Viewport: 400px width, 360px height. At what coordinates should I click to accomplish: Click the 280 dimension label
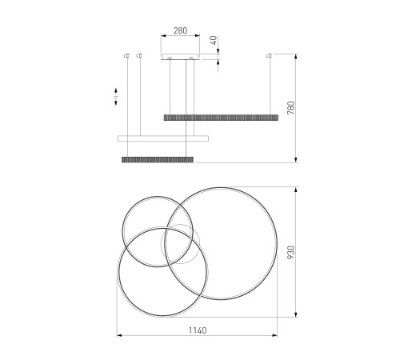(180, 30)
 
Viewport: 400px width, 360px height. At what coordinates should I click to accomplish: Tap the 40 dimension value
(214, 40)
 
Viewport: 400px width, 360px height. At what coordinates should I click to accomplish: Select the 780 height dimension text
(291, 108)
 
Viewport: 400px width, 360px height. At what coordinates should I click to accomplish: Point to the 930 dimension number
(291, 252)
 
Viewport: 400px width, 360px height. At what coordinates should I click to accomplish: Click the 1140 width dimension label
(198, 330)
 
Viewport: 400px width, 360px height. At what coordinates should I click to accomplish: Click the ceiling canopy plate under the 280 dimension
(181, 57)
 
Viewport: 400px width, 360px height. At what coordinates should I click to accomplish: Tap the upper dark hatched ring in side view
(221, 118)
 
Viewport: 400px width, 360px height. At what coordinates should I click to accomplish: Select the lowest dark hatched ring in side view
(158, 160)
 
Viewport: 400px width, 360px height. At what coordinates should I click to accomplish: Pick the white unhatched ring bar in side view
(163, 138)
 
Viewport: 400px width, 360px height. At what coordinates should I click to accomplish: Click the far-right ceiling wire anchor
(270, 55)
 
